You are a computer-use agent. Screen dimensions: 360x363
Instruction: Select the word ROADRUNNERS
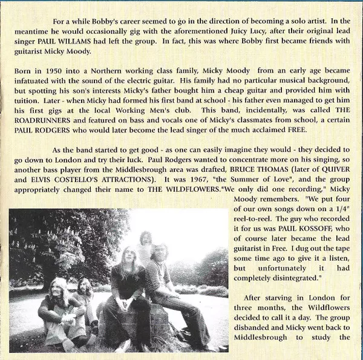click(x=47, y=130)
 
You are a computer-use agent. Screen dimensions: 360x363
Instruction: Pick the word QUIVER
click(x=333, y=180)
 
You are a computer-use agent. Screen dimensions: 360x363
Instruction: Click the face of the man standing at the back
click(x=146, y=237)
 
